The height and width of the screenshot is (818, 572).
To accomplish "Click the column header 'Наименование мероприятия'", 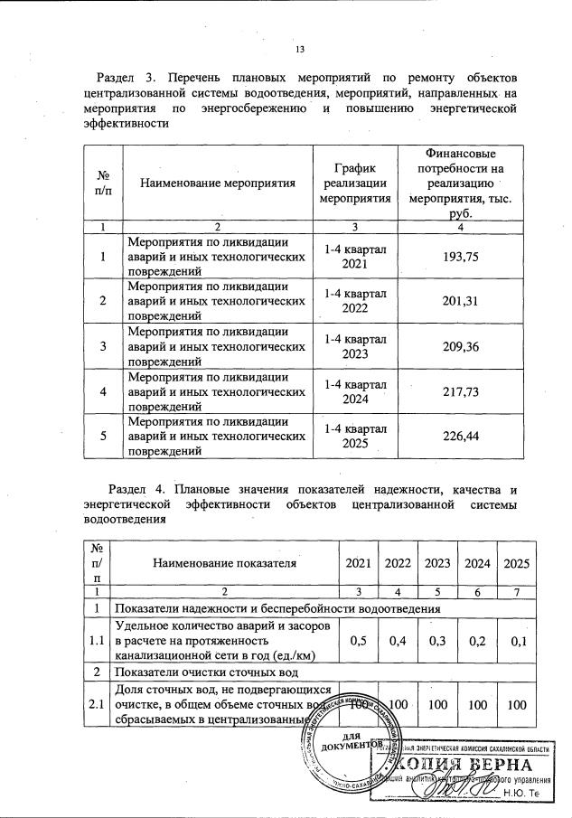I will pos(218,183).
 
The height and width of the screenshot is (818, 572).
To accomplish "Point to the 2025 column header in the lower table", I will pos(516,563).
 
